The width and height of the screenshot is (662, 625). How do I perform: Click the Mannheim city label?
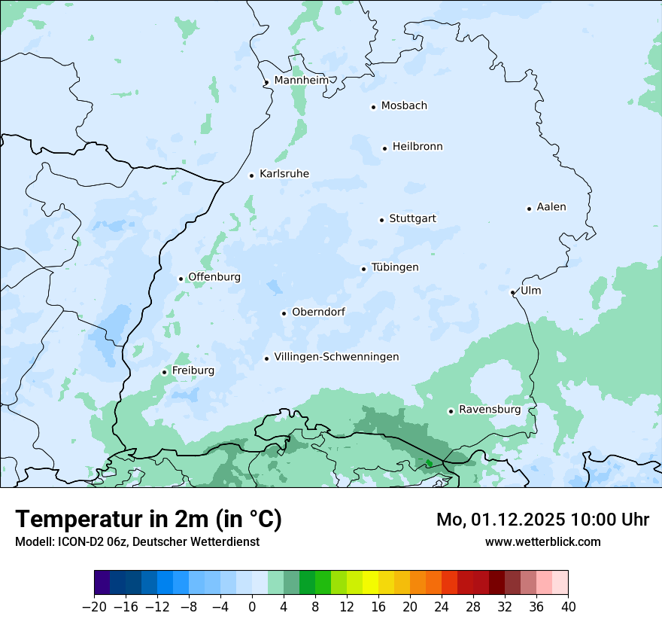click(x=301, y=80)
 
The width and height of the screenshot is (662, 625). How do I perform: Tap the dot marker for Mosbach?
click(x=373, y=107)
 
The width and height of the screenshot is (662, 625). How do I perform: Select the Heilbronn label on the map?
click(x=418, y=147)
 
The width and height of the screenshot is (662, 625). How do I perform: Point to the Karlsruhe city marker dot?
click(x=252, y=175)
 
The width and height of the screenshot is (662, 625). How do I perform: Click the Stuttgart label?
click(x=412, y=218)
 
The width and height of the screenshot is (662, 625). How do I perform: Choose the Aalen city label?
click(x=551, y=207)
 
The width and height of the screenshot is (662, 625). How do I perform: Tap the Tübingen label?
click(x=395, y=267)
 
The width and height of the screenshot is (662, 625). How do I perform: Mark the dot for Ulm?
click(x=512, y=292)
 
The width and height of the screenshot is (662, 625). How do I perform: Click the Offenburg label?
click(x=214, y=277)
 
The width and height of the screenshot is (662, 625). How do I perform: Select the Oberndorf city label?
click(x=318, y=312)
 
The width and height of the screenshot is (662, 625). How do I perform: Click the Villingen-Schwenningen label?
click(x=336, y=357)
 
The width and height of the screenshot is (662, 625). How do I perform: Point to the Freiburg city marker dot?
click(x=164, y=372)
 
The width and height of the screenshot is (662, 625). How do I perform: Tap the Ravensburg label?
click(x=489, y=410)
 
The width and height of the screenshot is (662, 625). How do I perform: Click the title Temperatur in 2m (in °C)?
click(x=148, y=519)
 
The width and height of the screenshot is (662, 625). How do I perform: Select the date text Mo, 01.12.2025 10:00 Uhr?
click(x=542, y=520)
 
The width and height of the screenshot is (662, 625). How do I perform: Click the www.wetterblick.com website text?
click(x=542, y=541)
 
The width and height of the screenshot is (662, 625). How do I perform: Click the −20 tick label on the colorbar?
click(x=94, y=607)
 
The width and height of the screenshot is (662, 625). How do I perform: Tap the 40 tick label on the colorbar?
click(x=568, y=607)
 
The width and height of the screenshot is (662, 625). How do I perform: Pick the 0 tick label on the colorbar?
click(x=252, y=607)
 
